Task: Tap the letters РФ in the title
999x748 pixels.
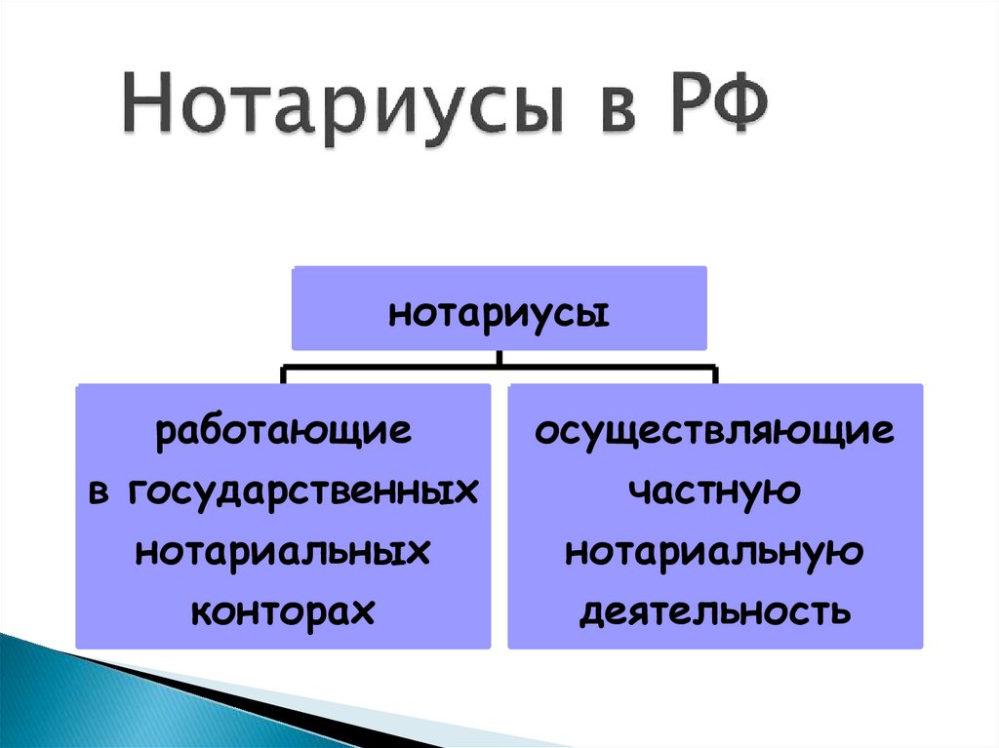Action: (x=710, y=110)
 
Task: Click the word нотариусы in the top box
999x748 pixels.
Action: (x=499, y=315)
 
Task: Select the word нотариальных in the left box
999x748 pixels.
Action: (x=283, y=552)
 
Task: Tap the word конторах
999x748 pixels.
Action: (x=283, y=611)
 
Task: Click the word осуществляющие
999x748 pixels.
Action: (x=714, y=432)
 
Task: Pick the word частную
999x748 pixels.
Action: (x=714, y=492)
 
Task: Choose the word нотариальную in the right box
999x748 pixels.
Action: (x=714, y=552)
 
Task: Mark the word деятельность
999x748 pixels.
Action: (x=714, y=612)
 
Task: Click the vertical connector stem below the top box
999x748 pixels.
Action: (x=499, y=359)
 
